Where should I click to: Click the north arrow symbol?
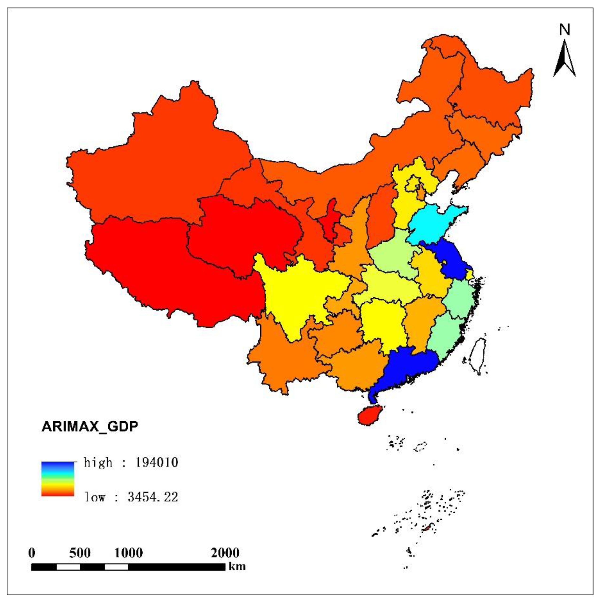point(565,59)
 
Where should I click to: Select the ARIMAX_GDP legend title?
point(90,426)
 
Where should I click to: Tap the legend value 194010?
point(157,462)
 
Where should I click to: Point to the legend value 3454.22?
point(153,497)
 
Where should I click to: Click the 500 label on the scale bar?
point(80,553)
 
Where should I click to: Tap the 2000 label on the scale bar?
point(225,553)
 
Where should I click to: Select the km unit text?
point(237,567)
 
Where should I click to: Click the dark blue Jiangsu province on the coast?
point(449,261)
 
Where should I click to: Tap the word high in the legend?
point(98,462)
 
